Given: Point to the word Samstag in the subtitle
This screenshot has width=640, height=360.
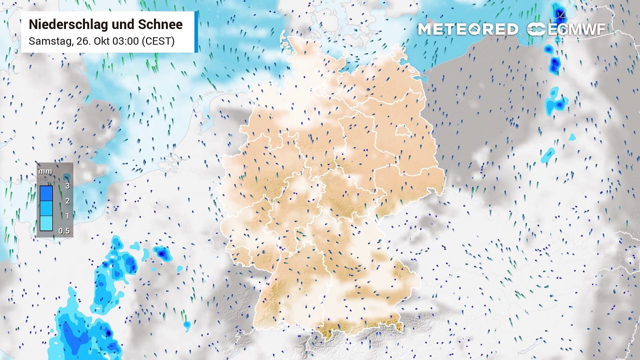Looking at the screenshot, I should pos(49,41).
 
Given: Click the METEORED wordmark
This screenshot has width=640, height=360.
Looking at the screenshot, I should pos(467,29).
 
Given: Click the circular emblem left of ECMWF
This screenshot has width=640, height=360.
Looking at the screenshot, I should pos(536,29).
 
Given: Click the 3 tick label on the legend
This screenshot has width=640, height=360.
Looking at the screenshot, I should pos(66,186).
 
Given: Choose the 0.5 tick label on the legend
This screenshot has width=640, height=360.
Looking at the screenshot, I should pos(64,231).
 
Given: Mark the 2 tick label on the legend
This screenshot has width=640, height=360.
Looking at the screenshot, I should pos(66,201).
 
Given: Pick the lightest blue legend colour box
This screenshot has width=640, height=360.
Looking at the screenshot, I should pos(46,223).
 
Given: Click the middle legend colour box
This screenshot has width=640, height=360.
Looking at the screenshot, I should pos(46,208).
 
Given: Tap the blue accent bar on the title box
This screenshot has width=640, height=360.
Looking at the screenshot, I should pos(196,31).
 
